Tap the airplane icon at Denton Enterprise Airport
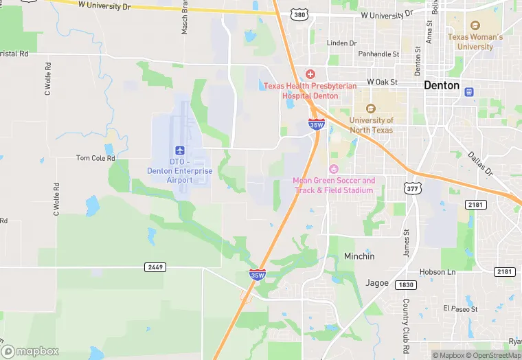pyautogui.click(x=180, y=150)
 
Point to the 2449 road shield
pyautogui.click(x=155, y=267)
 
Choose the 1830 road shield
pyautogui.click(x=406, y=284)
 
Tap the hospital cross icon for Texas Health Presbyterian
pyautogui.click(x=310, y=74)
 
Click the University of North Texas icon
pyautogui.click(x=371, y=109)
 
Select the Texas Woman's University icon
pyautogui.click(x=475, y=25)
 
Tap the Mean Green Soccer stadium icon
pyautogui.click(x=334, y=169)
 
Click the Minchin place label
pyautogui.click(x=359, y=256)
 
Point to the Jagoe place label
pyautogui.click(x=377, y=282)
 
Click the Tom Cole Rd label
pyautogui.click(x=95, y=158)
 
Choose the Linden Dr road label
pyautogui.click(x=342, y=43)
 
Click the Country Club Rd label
pyautogui.click(x=406, y=319)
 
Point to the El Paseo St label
pyautogui.click(x=459, y=309)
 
